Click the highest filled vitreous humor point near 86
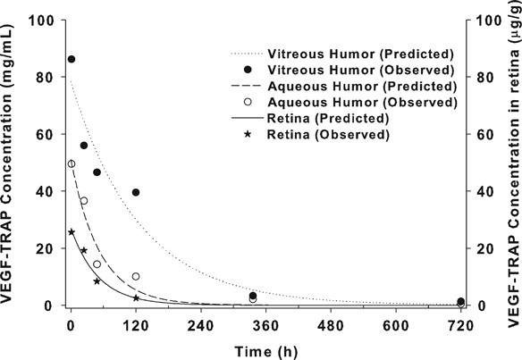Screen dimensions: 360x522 72,59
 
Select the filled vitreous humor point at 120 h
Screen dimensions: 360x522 136,192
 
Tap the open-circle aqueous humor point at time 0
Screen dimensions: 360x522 72,163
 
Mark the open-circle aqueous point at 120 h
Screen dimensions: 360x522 136,252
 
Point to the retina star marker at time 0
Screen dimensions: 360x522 72,232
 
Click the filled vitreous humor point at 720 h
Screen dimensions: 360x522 461,301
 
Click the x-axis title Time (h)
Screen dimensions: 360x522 266,350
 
